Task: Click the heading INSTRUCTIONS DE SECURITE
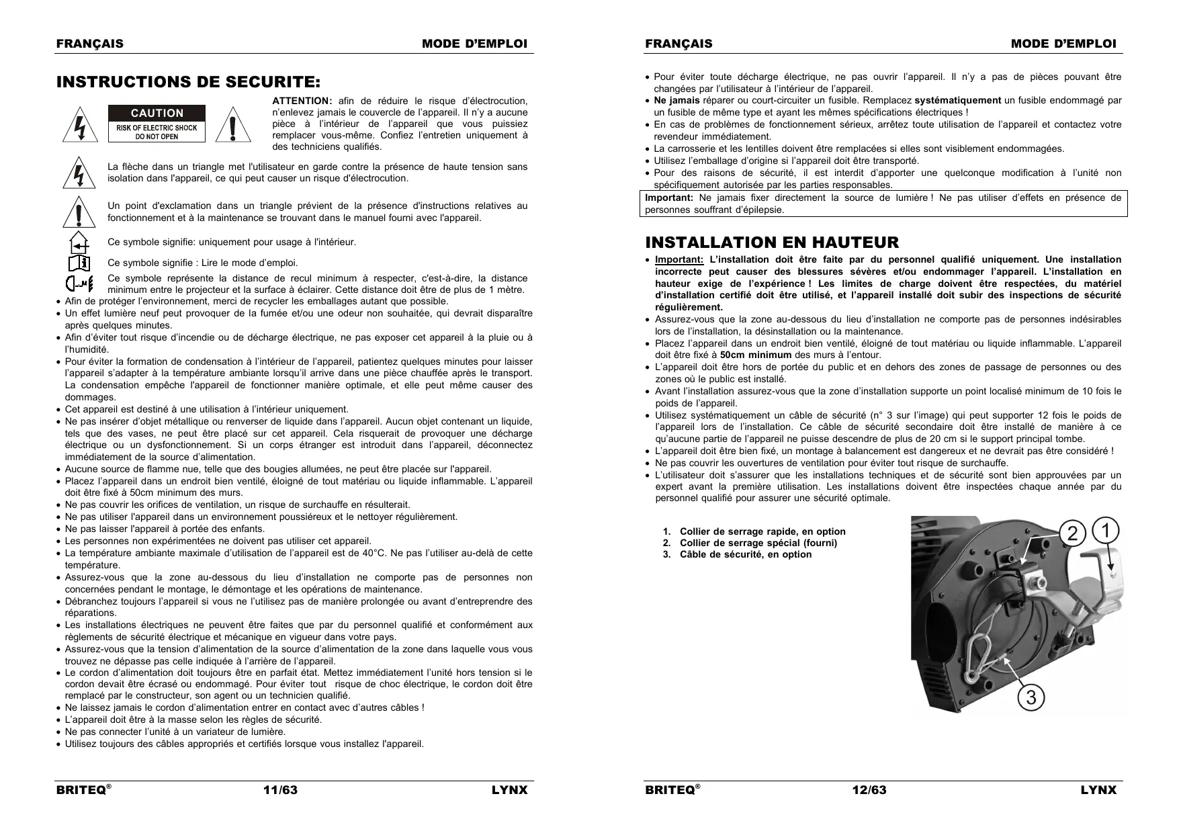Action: tap(189, 83)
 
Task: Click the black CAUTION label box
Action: tap(157, 113)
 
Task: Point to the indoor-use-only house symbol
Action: tap(80, 241)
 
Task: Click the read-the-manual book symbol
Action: tap(79, 262)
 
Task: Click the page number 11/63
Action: tap(280, 790)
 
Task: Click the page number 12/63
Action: tap(869, 790)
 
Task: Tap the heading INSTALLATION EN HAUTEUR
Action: tap(772, 243)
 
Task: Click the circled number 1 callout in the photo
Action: tap(1106, 530)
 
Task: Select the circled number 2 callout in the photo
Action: tap(1073, 533)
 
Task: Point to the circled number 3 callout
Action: tap(1031, 698)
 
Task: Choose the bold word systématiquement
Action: tap(957, 101)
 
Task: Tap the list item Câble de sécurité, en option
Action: tap(745, 555)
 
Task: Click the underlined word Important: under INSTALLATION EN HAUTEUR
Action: tap(679, 260)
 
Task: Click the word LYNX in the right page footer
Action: tap(1098, 790)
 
